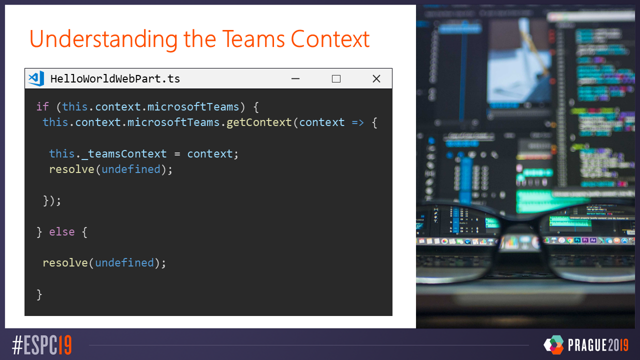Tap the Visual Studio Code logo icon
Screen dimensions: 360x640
[36, 78]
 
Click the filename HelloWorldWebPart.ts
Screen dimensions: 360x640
[115, 78]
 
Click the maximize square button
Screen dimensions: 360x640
[336, 78]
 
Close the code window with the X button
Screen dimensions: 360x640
[376, 78]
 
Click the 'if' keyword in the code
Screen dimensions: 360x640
[42, 106]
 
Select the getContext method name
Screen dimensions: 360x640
[259, 122]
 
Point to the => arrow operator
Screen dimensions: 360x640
[357, 122]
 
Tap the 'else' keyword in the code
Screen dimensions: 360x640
[61, 232]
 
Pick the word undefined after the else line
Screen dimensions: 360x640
[124, 262]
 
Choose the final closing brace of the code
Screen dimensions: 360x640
[39, 294]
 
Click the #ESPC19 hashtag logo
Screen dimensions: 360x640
[42, 345]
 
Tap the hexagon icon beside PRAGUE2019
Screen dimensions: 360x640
[553, 344]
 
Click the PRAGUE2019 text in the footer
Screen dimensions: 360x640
[598, 345]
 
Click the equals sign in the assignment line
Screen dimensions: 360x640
[177, 153]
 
